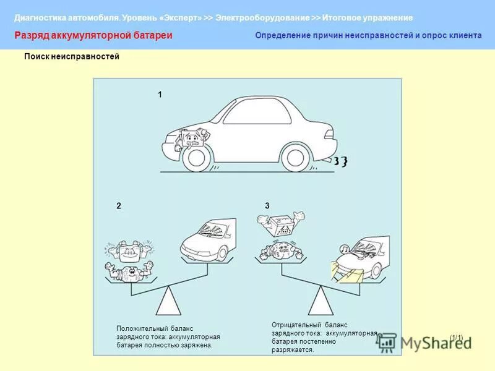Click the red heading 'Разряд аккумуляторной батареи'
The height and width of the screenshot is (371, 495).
(93, 36)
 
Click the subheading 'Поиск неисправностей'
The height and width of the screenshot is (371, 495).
(71, 57)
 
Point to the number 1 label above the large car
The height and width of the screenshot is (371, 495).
(160, 95)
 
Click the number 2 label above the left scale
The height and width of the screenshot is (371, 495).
(118, 205)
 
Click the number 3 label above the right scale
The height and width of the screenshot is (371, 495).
(267, 205)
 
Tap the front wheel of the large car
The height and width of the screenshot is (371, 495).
(197, 157)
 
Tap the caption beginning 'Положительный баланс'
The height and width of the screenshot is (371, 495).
(168, 337)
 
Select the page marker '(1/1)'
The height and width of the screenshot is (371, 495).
(457, 337)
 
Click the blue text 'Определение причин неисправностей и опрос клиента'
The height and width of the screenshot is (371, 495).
(368, 36)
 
